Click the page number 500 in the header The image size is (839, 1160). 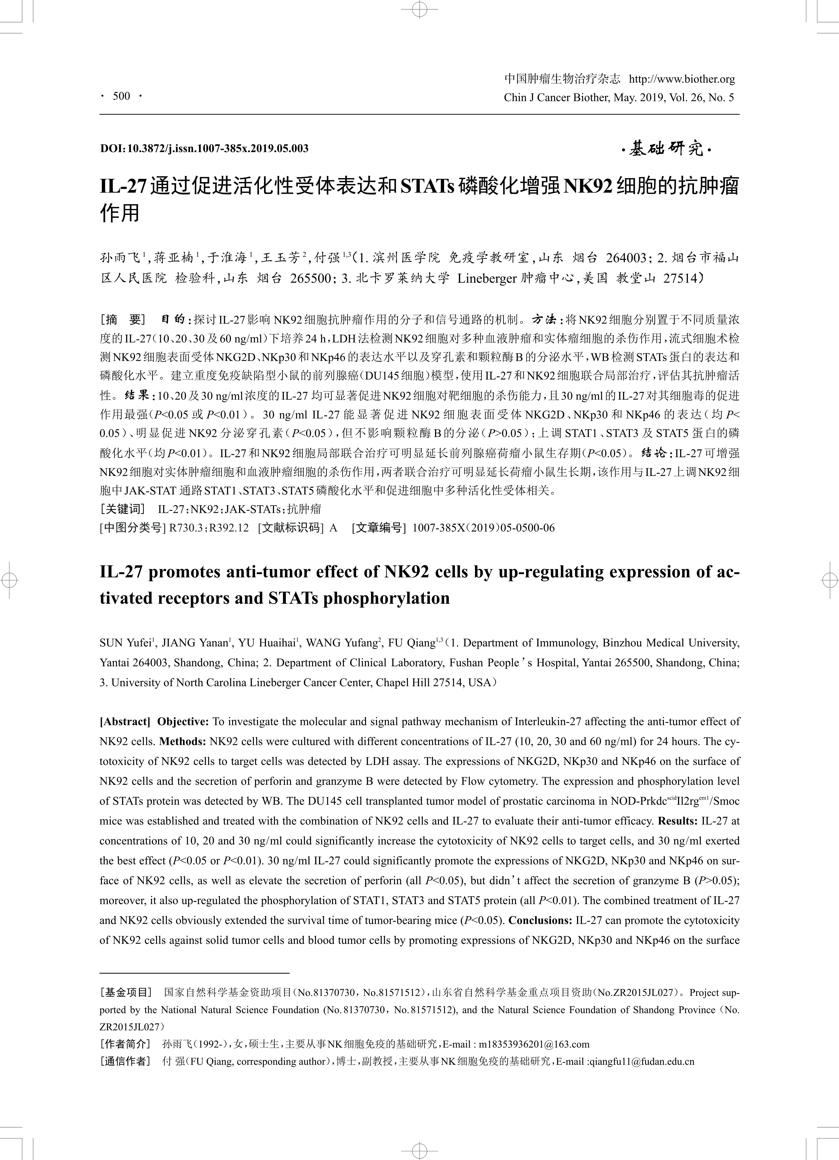pos(122,96)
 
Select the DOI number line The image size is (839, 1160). pos(204,149)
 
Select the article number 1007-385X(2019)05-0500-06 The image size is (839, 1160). pos(483,528)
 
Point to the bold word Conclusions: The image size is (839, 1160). pos(540,920)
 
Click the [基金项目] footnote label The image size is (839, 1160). pos(126,992)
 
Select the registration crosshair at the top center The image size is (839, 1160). pos(419,9)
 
